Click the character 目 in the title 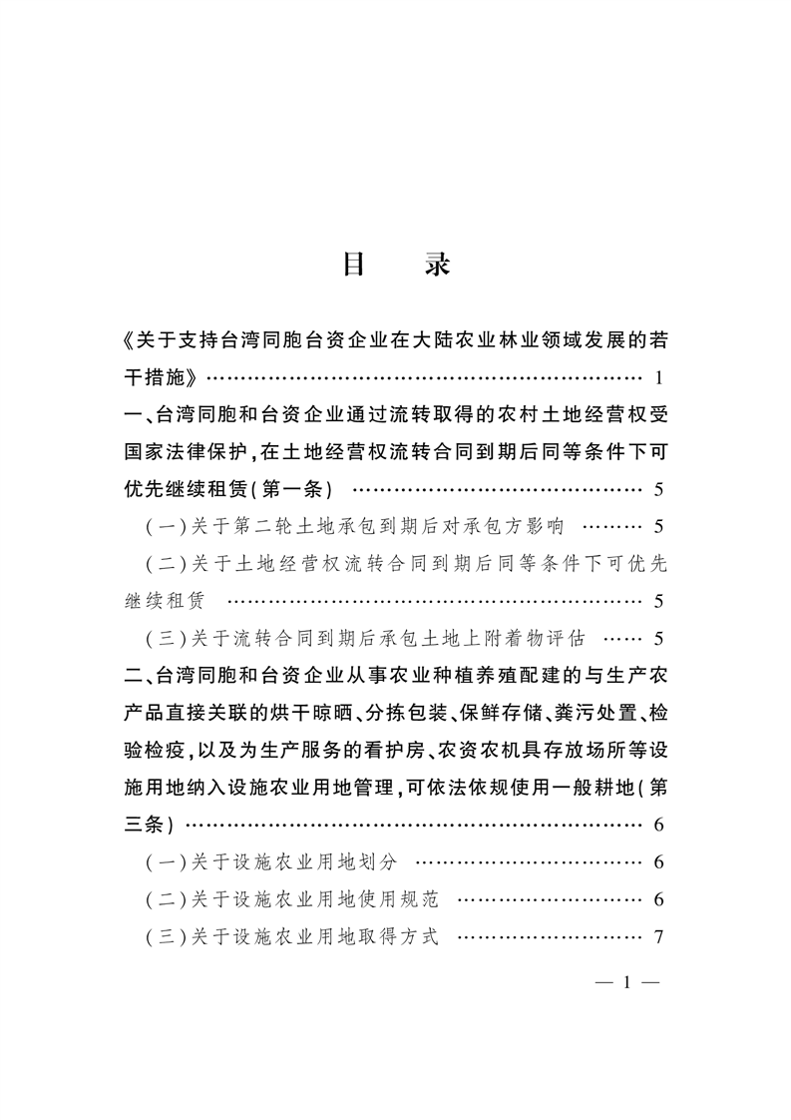click(356, 264)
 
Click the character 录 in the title click(436, 264)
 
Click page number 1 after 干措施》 click(658, 378)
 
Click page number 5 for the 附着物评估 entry click(658, 639)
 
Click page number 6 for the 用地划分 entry click(658, 862)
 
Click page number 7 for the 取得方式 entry click(658, 936)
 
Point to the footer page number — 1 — click(627, 983)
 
